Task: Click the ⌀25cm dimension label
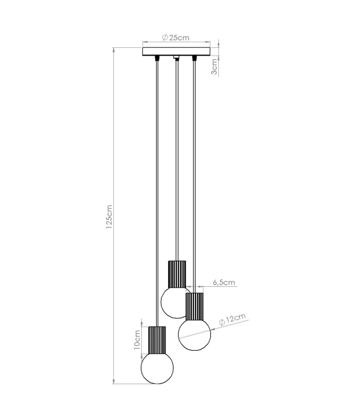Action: tap(176, 38)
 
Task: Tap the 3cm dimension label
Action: tap(215, 66)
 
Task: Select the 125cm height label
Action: tap(109, 217)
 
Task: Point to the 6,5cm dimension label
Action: tap(224, 282)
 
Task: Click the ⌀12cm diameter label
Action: tap(233, 319)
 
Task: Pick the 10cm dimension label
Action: tap(137, 340)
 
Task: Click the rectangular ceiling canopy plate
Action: tap(176, 52)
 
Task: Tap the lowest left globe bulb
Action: tap(157, 368)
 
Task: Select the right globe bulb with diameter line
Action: tap(194, 334)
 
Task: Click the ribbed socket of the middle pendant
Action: tap(177, 274)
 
